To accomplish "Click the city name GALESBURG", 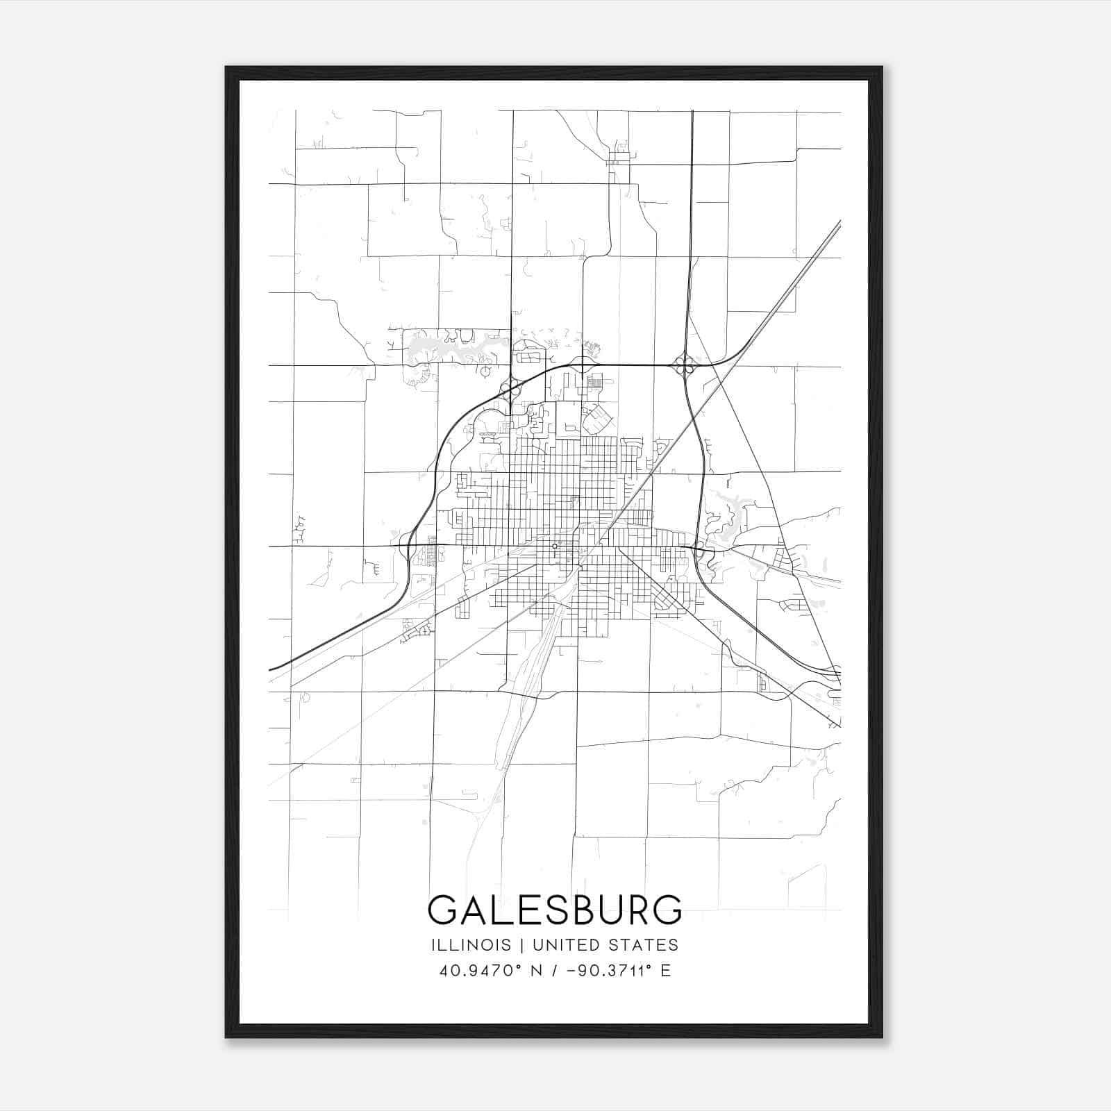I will pos(555,910).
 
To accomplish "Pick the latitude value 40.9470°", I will pos(479,971).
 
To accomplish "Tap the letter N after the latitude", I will pos(535,971).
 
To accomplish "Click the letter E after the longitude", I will pos(666,971).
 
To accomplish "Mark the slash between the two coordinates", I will pos(551,971).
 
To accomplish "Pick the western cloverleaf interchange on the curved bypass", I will pos(512,386).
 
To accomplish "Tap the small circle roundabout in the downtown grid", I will pos(555,546).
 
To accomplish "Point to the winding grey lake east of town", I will pos(726,510).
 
